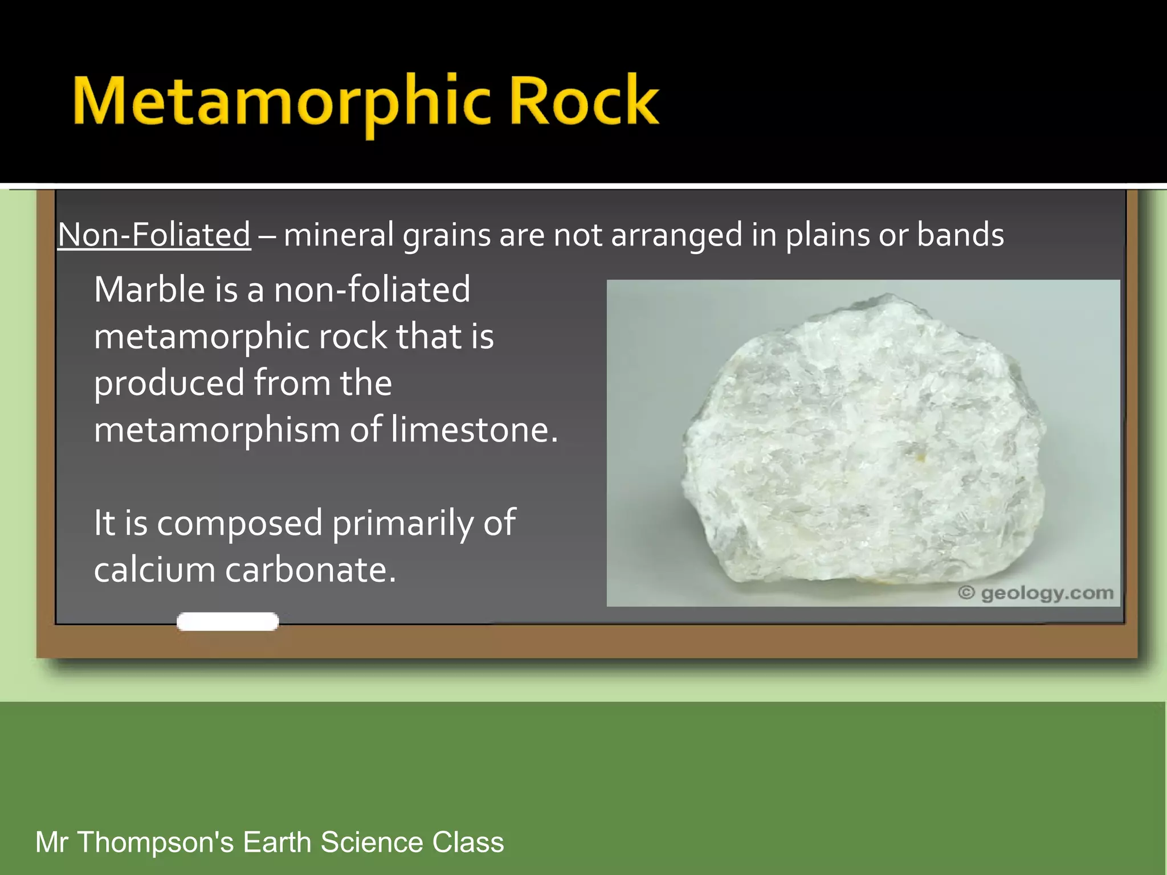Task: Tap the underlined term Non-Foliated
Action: pyautogui.click(x=154, y=235)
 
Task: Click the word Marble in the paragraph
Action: pyautogui.click(x=149, y=289)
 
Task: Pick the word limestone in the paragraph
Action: pyautogui.click(x=474, y=430)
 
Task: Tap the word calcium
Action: pyautogui.click(x=154, y=570)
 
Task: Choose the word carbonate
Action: pyautogui.click(x=310, y=570)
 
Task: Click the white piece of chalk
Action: pyautogui.click(x=227, y=622)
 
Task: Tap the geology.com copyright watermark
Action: pyautogui.click(x=1035, y=593)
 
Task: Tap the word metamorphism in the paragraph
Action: pyautogui.click(x=217, y=430)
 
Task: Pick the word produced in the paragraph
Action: pyautogui.click(x=169, y=383)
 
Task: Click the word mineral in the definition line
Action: pyautogui.click(x=338, y=235)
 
